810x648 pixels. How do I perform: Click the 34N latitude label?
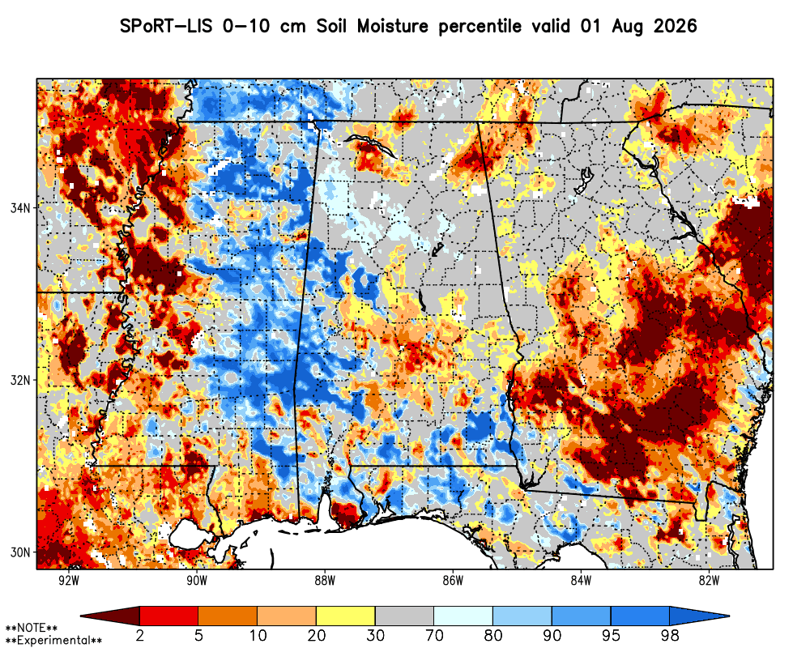click(x=21, y=208)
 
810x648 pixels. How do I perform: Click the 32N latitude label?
click(x=21, y=381)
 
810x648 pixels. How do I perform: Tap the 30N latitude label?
click(x=21, y=552)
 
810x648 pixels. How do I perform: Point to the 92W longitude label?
click(x=69, y=580)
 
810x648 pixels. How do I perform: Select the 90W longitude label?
click(x=197, y=580)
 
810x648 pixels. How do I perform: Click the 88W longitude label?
click(x=325, y=580)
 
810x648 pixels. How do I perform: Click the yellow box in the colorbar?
click(x=346, y=616)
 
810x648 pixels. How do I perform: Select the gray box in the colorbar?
click(x=404, y=616)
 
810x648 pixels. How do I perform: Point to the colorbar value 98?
click(x=670, y=635)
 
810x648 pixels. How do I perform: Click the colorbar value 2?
click(x=140, y=635)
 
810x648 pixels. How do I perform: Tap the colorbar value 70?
click(x=434, y=635)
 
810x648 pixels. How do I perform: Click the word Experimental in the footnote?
click(x=53, y=640)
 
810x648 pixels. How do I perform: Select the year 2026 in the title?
click(x=676, y=26)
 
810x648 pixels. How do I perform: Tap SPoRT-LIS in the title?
click(x=166, y=26)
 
